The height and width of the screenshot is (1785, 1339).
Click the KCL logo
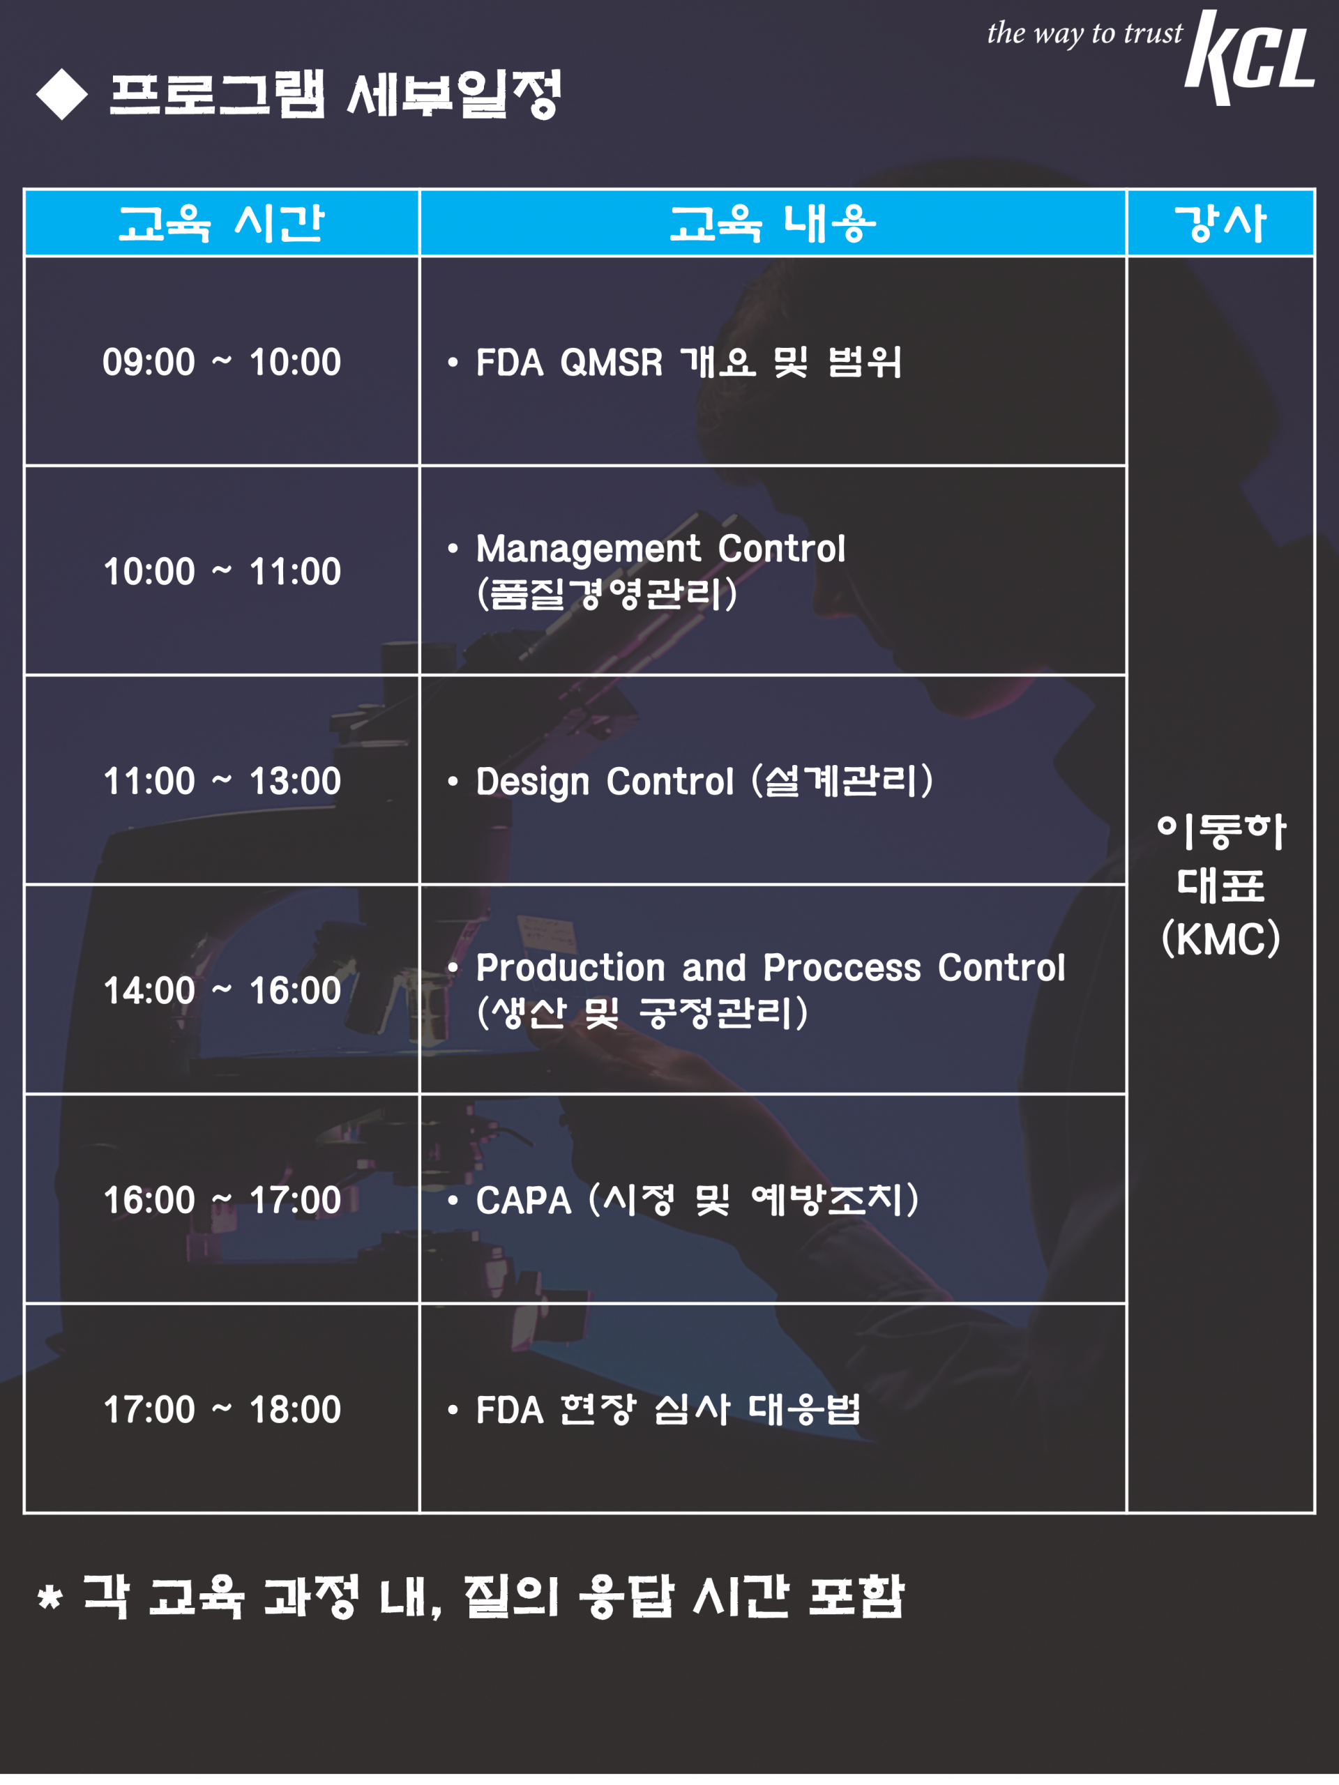1250,57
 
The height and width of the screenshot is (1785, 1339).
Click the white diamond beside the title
62,94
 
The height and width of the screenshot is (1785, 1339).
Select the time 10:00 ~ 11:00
222,571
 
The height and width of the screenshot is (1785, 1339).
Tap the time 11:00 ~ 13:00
222,781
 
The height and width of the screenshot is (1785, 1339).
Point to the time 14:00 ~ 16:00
222,990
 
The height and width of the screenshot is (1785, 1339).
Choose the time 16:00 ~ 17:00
222,1200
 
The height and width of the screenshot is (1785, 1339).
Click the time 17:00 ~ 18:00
222,1410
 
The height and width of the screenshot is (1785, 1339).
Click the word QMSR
611,363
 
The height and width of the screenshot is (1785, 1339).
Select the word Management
589,550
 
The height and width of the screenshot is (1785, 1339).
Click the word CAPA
523,1201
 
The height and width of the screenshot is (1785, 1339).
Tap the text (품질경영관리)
607,594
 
